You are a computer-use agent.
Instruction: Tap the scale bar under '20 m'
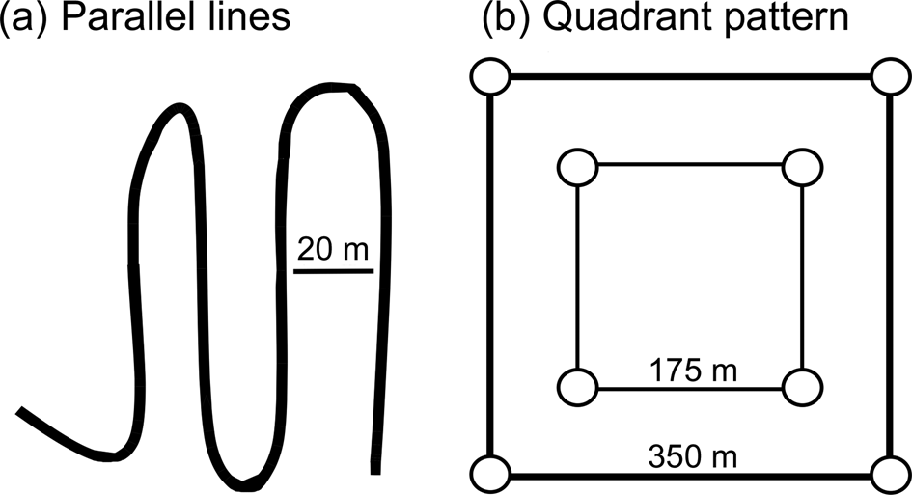[x=333, y=271]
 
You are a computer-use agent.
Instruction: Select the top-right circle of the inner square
[x=800, y=167]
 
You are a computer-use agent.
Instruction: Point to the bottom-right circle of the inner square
[x=800, y=388]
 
